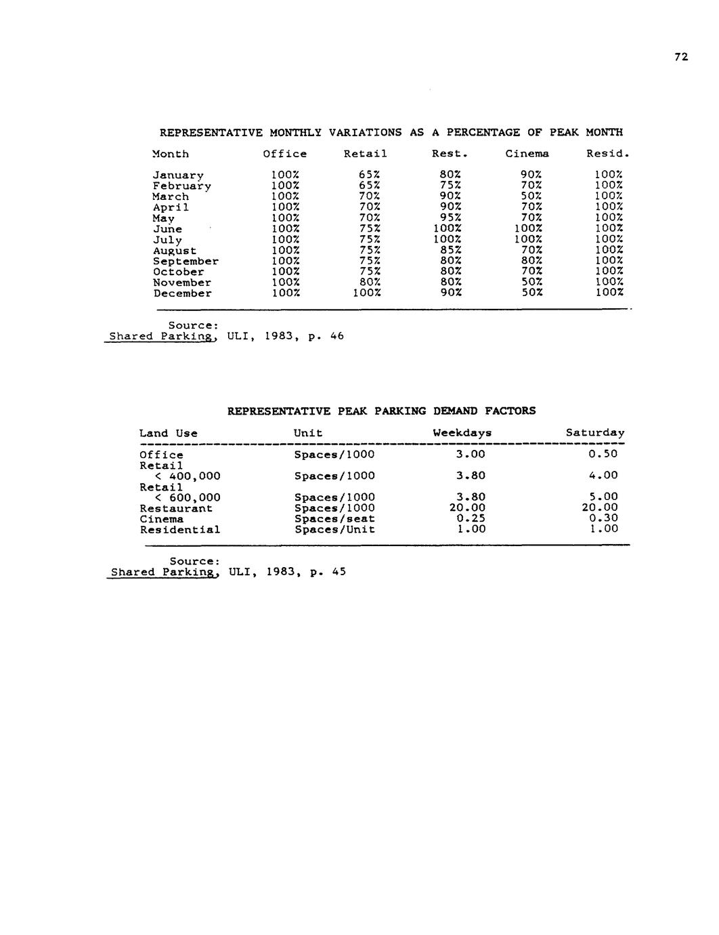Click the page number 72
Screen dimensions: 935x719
pos(681,58)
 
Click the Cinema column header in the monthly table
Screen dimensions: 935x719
pos(527,154)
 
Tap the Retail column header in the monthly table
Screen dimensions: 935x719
pos(365,154)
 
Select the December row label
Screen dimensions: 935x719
pos(182,293)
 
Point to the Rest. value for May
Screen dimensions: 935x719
pos(450,218)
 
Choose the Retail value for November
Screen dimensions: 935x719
pos(370,283)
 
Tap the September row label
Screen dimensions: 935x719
pos(186,262)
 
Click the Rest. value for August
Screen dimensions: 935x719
pos(450,251)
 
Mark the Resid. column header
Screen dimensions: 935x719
pos(608,154)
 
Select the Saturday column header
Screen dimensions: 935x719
pos(595,432)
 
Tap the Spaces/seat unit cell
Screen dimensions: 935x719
pos(334,519)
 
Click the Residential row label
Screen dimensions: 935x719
pos(180,530)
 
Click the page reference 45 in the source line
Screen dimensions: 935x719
pos(339,571)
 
